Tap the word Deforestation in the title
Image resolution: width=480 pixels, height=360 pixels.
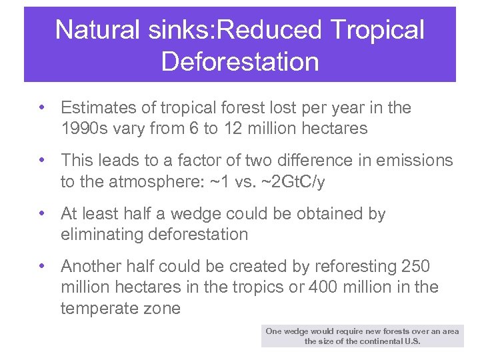click(240, 61)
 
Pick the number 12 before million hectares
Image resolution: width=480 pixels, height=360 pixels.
click(232, 128)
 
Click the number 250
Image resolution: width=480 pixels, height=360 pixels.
click(416, 267)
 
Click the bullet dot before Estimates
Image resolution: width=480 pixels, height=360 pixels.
click(41, 107)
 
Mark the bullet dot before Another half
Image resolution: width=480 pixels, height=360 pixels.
click(41, 266)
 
